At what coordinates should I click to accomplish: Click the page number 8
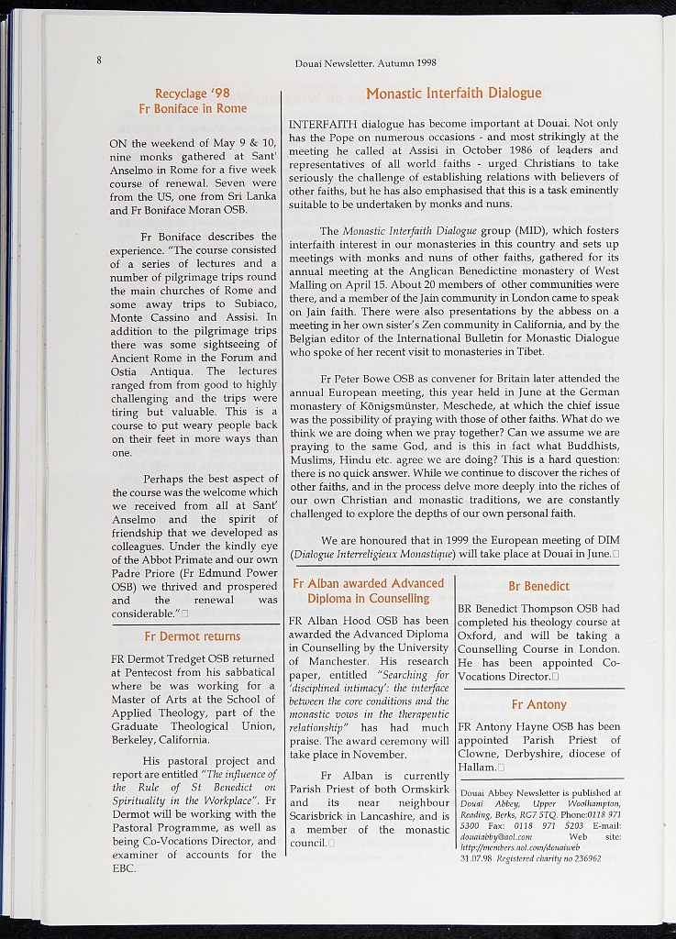(x=97, y=61)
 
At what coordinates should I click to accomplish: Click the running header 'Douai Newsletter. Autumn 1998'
(x=365, y=63)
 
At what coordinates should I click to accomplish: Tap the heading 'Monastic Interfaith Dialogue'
(x=454, y=93)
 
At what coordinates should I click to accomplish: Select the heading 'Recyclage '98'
(x=193, y=93)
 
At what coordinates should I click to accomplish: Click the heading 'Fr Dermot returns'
(x=193, y=635)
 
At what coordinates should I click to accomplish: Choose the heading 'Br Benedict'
(x=538, y=586)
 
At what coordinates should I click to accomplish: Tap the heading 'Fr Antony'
(x=538, y=704)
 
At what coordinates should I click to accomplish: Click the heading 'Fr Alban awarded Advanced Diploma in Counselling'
(x=368, y=591)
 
